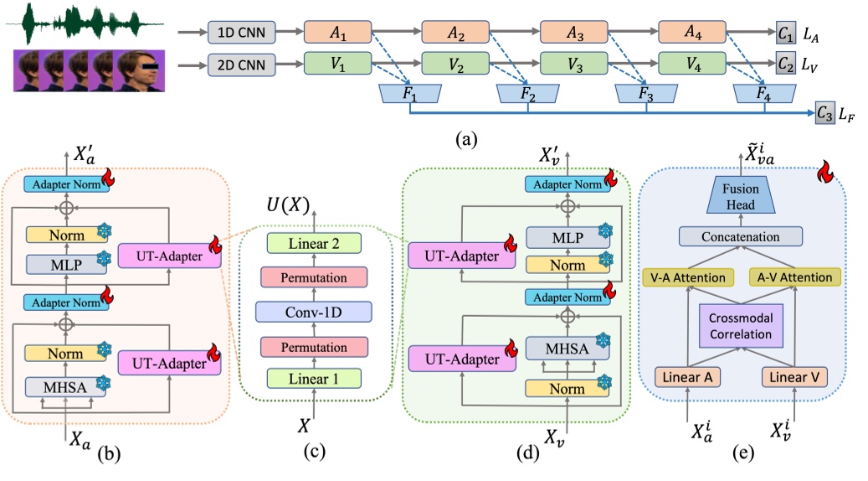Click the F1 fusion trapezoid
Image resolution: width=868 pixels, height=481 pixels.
[x=408, y=95]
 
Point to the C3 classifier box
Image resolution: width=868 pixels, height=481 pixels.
[x=825, y=111]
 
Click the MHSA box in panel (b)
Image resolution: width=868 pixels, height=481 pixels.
[x=60, y=386]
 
